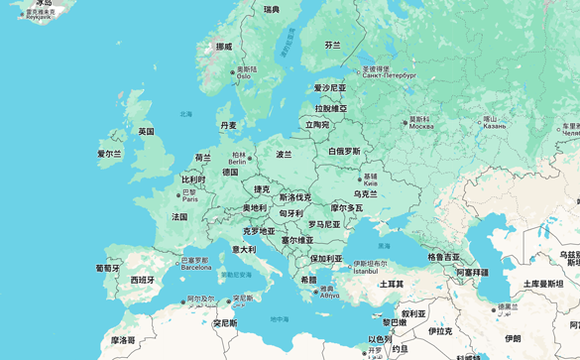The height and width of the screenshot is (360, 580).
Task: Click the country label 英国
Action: (x=146, y=131)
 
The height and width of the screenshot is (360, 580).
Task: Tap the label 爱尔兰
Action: (x=109, y=154)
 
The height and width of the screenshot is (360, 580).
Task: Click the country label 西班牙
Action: (x=143, y=280)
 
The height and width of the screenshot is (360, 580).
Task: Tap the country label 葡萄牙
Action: (x=107, y=268)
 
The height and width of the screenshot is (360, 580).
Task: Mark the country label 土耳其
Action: (x=392, y=284)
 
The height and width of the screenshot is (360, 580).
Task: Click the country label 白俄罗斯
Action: (x=345, y=152)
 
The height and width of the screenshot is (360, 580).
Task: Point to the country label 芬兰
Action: (x=332, y=45)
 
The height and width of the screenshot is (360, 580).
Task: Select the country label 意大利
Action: (x=244, y=249)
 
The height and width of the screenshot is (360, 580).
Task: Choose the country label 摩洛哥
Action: (x=123, y=339)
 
